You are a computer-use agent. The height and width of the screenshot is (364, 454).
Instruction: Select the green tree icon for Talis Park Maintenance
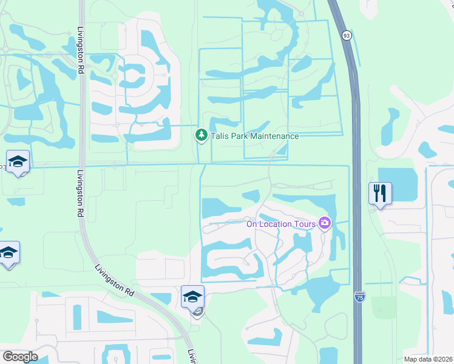point(201,135)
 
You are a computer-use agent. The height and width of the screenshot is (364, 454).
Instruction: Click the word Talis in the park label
point(220,136)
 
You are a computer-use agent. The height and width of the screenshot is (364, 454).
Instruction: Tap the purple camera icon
point(325,224)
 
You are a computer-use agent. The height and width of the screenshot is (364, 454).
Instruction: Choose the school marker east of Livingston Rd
point(192,297)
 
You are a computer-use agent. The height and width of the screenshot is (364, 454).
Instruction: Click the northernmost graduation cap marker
point(18,162)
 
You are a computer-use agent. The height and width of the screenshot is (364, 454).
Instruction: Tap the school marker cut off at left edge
point(7,253)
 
